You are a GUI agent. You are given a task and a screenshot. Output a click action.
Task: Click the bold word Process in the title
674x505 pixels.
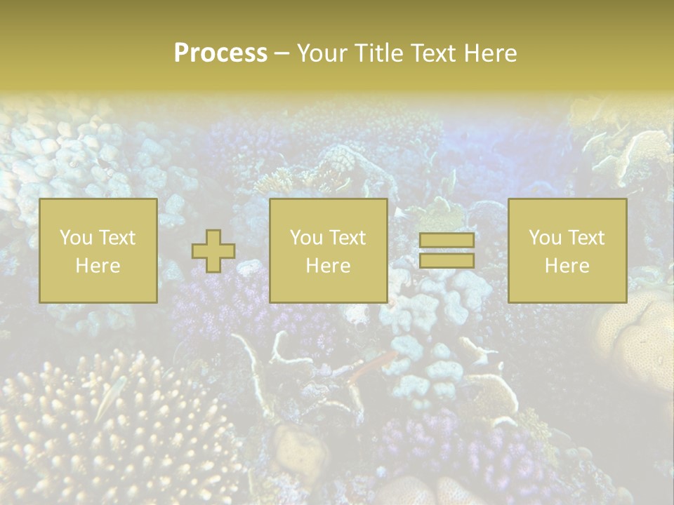coord(220,53)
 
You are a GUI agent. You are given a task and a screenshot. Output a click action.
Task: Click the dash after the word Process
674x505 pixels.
coord(282,54)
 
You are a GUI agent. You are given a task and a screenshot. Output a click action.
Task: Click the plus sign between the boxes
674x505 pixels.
coord(213,251)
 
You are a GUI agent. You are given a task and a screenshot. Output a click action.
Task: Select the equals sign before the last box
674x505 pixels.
coord(447,251)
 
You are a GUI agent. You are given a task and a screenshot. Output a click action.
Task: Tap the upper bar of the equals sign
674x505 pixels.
coord(447,241)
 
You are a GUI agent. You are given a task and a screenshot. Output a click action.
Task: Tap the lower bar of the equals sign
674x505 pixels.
coord(447,261)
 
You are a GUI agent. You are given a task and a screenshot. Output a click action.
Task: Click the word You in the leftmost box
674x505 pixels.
coord(74,238)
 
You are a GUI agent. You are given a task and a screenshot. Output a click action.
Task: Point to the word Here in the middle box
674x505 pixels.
coord(328,266)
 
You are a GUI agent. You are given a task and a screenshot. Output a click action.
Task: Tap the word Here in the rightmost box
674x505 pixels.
coord(567,266)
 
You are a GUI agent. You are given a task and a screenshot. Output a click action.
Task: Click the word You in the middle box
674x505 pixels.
coord(305,238)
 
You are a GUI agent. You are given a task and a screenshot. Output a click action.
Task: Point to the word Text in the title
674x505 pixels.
coord(428,53)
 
